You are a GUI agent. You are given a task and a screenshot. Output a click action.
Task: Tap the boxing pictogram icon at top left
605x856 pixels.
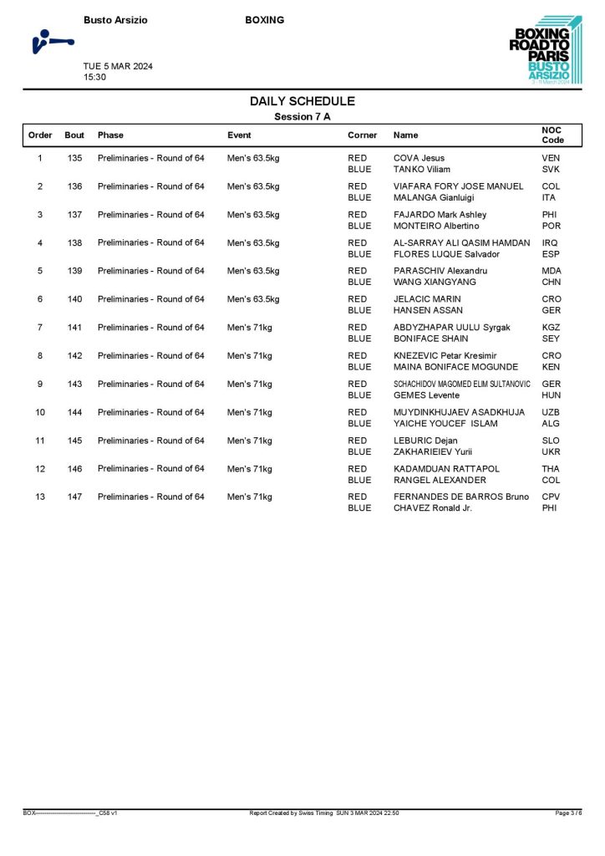(x=50, y=41)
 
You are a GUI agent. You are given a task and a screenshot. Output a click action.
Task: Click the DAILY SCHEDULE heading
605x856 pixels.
(x=302, y=101)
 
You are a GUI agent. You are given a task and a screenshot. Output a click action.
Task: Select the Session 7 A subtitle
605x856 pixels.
(x=302, y=117)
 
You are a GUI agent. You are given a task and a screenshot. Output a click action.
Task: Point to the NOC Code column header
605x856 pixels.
(x=552, y=135)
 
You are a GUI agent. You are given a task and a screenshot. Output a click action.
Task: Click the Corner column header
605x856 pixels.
(x=362, y=135)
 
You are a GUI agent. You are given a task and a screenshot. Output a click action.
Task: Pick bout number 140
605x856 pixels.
(x=75, y=299)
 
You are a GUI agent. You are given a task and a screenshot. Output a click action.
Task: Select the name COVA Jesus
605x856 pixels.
(x=419, y=158)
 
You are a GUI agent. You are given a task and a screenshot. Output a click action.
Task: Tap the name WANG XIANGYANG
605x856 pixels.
(x=435, y=283)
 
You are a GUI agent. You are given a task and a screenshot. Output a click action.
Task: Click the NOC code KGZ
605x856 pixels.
(x=552, y=328)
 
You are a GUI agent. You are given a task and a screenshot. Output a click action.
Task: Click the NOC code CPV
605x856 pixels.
(x=552, y=497)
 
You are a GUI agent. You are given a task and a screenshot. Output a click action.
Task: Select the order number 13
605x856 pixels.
(x=40, y=497)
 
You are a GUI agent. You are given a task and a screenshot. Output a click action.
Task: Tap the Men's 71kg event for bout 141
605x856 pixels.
(x=250, y=328)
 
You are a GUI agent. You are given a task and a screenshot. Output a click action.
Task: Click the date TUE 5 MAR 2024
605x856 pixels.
(x=118, y=66)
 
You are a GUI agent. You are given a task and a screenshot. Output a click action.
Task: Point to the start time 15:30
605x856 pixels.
(x=94, y=77)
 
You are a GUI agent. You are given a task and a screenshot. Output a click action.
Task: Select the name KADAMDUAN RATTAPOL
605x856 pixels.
(x=446, y=469)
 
